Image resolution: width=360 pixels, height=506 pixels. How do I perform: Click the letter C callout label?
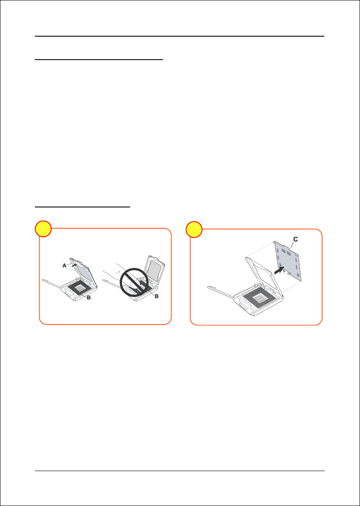(x=296, y=239)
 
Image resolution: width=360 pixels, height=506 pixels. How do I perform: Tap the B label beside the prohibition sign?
(x=157, y=296)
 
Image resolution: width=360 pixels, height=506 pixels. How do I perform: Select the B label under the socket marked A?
(x=89, y=298)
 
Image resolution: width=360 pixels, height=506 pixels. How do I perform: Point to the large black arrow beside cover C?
(x=280, y=270)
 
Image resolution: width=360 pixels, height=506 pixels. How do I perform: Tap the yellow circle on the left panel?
(x=43, y=229)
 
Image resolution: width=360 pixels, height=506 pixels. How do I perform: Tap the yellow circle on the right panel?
(x=194, y=229)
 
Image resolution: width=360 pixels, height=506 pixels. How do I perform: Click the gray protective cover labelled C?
(x=289, y=262)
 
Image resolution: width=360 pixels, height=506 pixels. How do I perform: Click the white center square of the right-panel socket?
(x=260, y=300)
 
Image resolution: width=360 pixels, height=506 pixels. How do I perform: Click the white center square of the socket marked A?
(x=79, y=287)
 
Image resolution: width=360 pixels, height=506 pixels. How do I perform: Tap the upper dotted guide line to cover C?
(x=260, y=249)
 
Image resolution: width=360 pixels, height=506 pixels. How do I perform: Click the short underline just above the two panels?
(x=82, y=207)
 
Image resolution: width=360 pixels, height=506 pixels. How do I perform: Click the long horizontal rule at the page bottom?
(x=180, y=471)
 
